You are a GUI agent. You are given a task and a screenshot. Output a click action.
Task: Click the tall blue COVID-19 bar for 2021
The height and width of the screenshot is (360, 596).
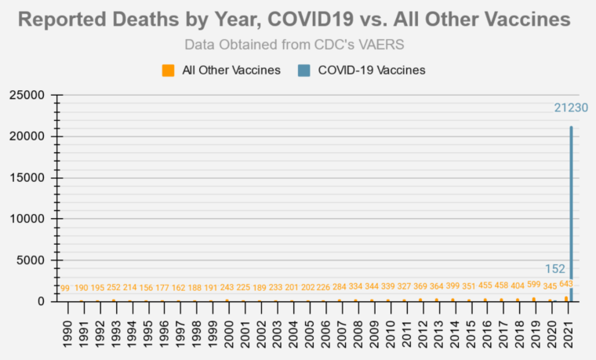coord(571,212)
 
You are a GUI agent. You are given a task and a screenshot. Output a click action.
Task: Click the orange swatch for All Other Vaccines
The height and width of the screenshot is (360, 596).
coord(169,70)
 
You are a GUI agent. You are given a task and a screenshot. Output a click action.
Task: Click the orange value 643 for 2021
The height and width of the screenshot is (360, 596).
coord(566,284)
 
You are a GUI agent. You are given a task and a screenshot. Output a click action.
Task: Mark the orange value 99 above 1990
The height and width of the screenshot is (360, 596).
coord(65,289)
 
